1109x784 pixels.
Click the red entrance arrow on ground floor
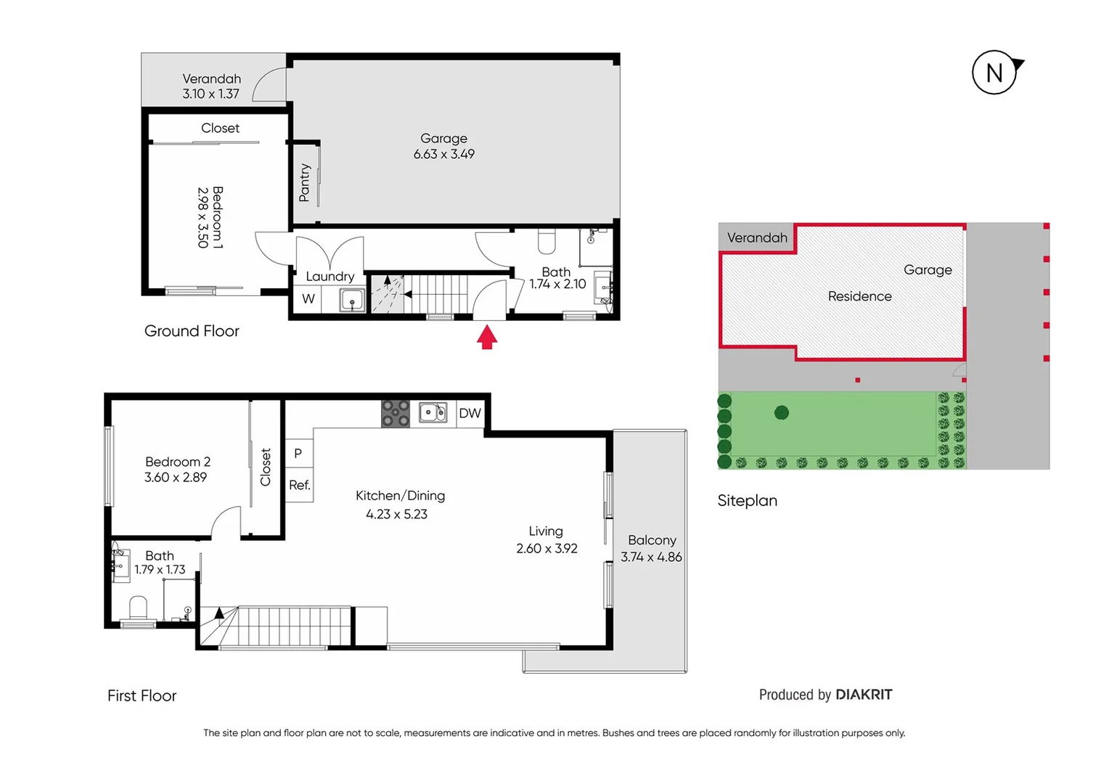coord(487,338)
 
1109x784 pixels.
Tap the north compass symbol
coord(994,73)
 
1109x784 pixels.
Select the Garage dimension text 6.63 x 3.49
coord(443,155)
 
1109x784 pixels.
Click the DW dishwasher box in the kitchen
coord(470,413)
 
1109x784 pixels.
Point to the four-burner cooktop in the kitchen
coord(396,414)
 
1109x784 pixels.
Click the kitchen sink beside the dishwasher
coord(433,413)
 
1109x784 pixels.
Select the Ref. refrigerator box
coord(299,486)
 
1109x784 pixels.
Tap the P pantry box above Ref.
coord(298,454)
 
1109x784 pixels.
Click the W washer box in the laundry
coord(308,299)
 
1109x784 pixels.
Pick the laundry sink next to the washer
coord(352,300)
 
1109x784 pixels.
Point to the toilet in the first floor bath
coord(138,608)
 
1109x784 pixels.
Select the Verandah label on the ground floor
coord(211,78)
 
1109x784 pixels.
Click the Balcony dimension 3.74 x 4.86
coord(651,558)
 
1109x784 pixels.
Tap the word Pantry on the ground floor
coord(305,183)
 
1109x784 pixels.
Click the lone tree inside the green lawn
coord(781,413)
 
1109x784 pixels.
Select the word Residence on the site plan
coord(859,296)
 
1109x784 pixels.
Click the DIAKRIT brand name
coord(864,695)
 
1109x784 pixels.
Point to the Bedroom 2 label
coord(178,462)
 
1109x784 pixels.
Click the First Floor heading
coord(142,696)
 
